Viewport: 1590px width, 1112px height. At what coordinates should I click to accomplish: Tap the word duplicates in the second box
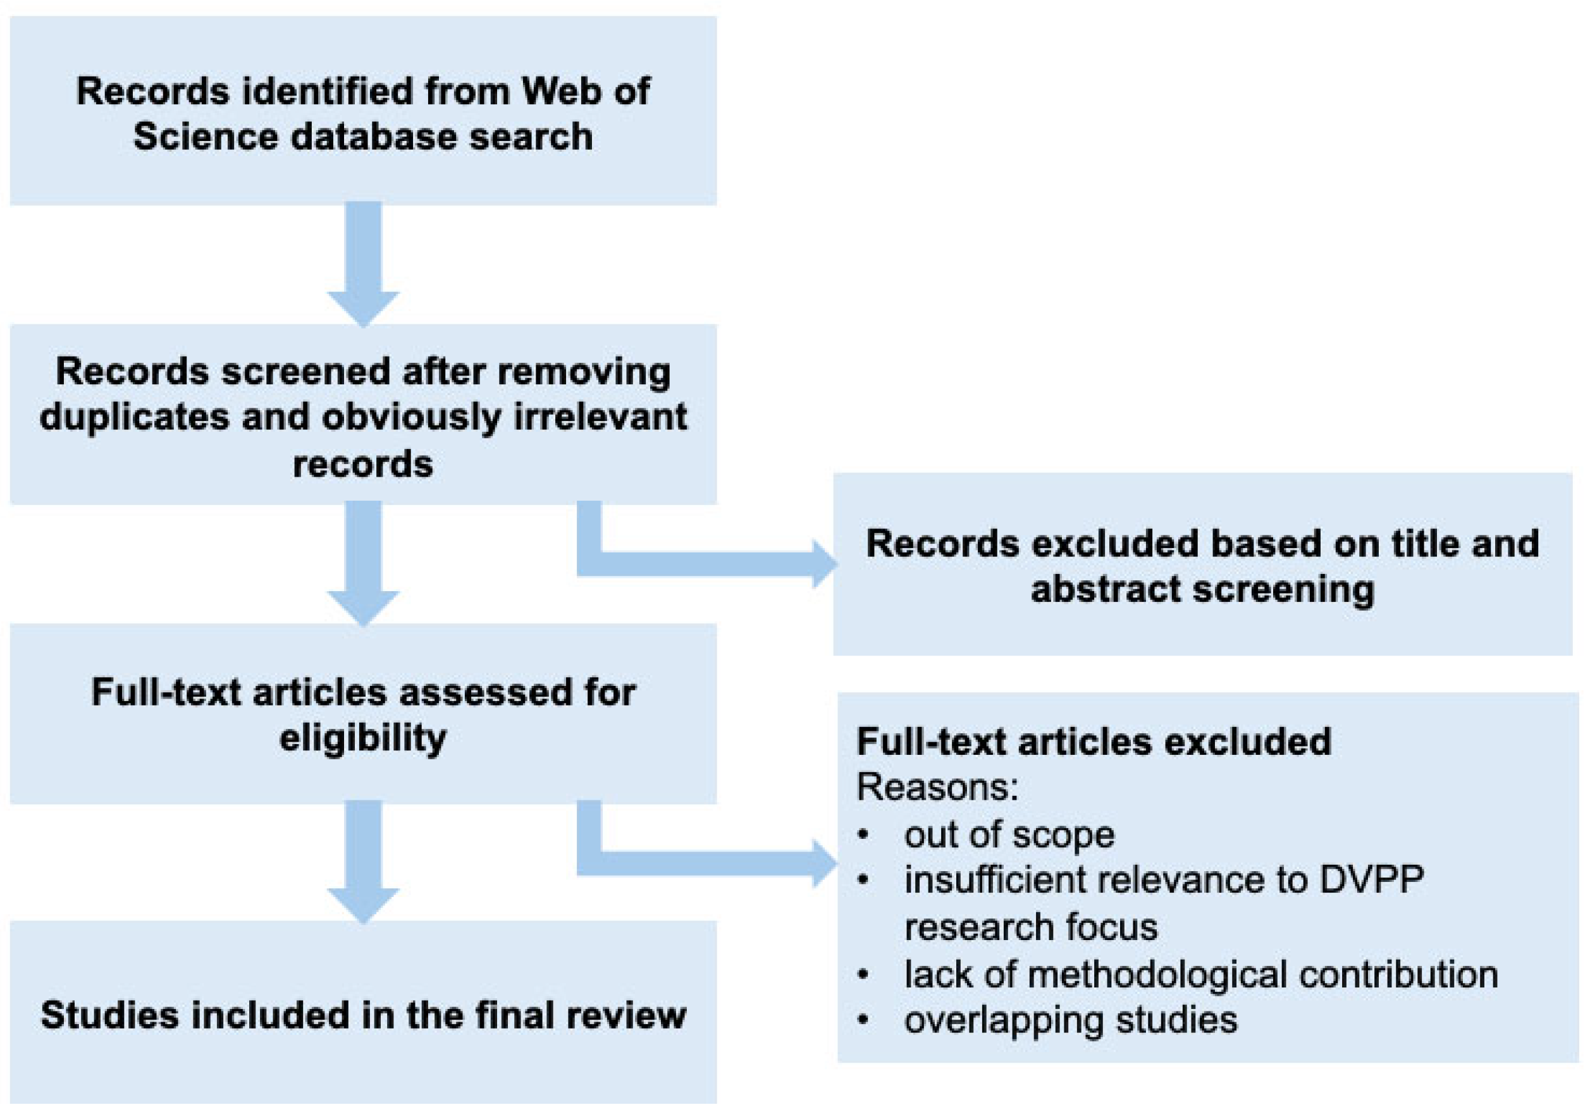click(x=133, y=417)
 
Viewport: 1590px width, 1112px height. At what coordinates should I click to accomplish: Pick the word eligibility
click(x=364, y=737)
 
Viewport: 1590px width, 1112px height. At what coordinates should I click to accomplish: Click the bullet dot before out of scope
click(x=863, y=835)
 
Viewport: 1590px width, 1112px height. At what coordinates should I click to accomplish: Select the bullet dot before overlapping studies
click(x=863, y=1020)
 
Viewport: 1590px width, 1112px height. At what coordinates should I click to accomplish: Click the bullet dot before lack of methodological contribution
click(x=863, y=975)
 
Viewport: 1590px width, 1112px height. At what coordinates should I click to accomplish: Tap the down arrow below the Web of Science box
click(x=364, y=264)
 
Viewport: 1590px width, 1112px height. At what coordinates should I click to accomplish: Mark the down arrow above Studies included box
click(x=364, y=862)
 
